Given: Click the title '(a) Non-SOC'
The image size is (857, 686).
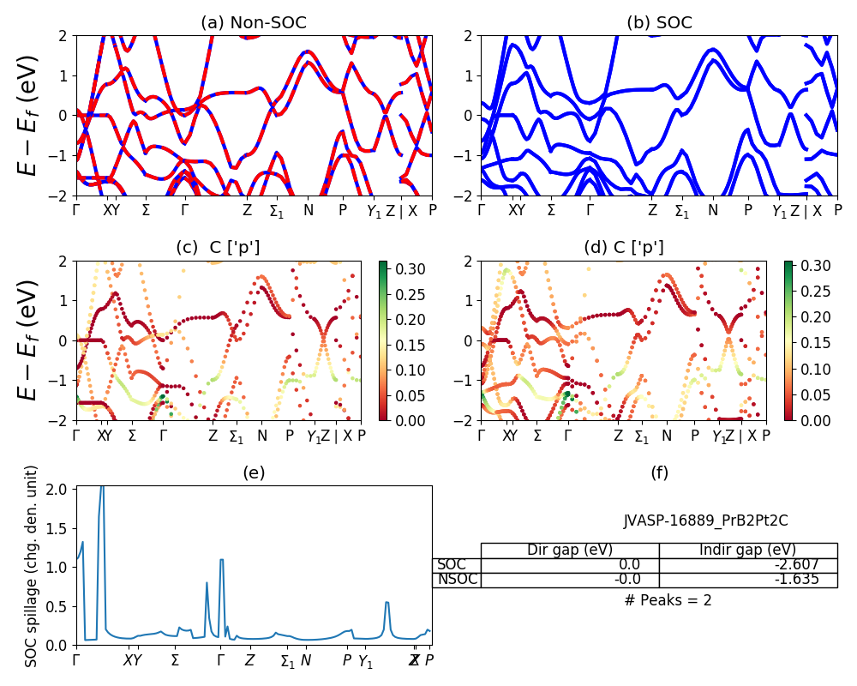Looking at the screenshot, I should pyautogui.click(x=254, y=23).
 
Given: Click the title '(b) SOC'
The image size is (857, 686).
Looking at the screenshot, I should pyautogui.click(x=659, y=23).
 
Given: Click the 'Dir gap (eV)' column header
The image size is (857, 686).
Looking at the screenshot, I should pyautogui.click(x=570, y=550).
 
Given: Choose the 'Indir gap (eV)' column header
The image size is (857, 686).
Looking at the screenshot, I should pyautogui.click(x=747, y=550).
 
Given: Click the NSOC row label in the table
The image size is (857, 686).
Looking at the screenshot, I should pyautogui.click(x=456, y=580).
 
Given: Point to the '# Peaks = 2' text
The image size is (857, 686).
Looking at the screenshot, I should pyautogui.click(x=668, y=600).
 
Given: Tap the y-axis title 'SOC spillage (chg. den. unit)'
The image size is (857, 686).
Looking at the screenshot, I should pyautogui.click(x=32, y=566).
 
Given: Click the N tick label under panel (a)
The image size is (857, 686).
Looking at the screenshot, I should pyautogui.click(x=309, y=210).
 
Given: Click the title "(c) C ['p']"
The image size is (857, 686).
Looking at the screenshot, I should pyautogui.click(x=218, y=248).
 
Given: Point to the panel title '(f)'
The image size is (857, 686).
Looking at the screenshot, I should pyautogui.click(x=659, y=472).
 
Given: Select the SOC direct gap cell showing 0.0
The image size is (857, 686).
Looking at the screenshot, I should pyautogui.click(x=570, y=565).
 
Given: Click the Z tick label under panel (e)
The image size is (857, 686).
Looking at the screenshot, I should pyautogui.click(x=249, y=660).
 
